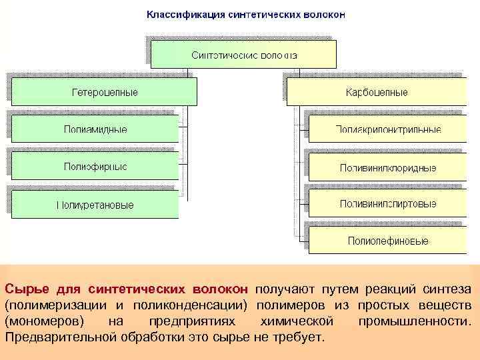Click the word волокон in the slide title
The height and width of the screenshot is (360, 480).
[323, 14]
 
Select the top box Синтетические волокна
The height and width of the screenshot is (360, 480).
[244, 55]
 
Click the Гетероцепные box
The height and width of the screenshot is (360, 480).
[105, 91]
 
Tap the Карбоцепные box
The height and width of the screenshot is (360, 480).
[377, 92]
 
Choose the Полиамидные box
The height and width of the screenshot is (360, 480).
[95, 129]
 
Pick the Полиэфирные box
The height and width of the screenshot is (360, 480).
[95, 166]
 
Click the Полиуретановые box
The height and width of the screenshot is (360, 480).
[95, 205]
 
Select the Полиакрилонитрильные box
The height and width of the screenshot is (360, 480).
[388, 129]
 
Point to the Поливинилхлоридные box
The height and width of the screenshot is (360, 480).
[388, 167]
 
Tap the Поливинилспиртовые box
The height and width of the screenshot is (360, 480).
[388, 203]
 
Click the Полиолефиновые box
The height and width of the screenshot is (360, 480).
[388, 241]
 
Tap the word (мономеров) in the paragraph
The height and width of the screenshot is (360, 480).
[44, 321]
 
